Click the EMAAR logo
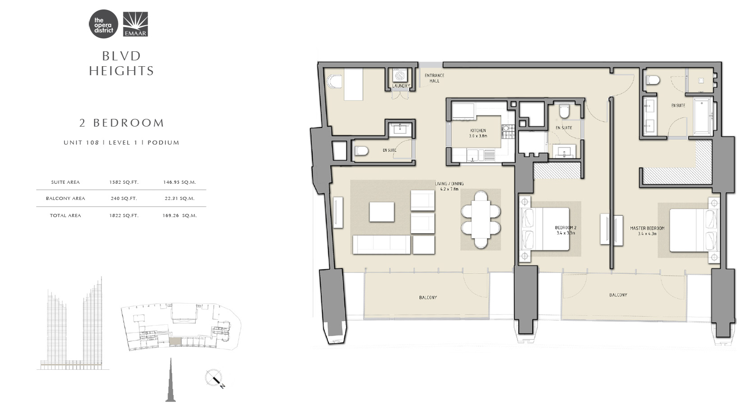135,24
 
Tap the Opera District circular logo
104,24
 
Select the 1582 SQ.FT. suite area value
124,182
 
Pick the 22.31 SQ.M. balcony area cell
179,199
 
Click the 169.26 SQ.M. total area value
179,216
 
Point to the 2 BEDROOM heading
122,123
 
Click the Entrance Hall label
434,78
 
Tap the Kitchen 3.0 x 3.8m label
478,133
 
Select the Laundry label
401,86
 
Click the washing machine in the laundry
400,76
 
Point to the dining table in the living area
481,220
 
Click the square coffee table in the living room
381,212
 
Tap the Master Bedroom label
647,231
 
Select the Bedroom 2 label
566,230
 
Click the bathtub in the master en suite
702,115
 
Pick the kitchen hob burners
508,132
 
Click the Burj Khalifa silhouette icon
170,380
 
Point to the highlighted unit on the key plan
175,342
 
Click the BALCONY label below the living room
428,298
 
